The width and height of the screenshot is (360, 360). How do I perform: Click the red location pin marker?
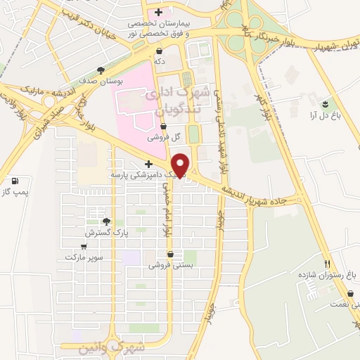[181, 164]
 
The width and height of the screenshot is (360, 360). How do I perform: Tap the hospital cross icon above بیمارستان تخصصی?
[159, 12]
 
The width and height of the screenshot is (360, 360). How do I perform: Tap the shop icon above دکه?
[160, 51]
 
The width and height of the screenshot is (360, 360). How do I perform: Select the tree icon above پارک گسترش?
[106, 221]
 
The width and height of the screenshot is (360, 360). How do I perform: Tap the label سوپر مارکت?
[84, 257]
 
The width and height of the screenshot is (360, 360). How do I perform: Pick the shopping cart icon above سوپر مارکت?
[84, 247]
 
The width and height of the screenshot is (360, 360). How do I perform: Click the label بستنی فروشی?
[169, 266]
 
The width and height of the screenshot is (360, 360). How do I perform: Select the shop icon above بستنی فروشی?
[170, 255]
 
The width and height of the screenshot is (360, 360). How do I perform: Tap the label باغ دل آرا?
[326, 117]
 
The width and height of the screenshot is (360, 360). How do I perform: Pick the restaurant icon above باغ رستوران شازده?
[326, 263]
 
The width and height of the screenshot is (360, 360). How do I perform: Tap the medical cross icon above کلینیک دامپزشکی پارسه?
[147, 164]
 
